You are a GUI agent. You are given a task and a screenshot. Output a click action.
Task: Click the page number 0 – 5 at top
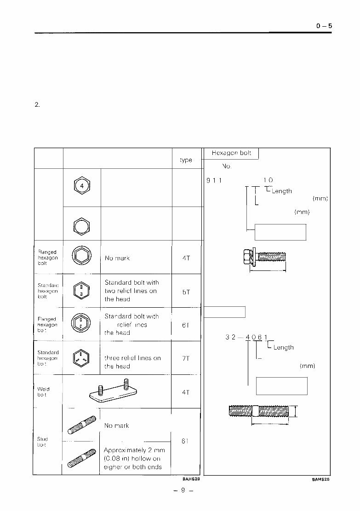(x=324, y=26)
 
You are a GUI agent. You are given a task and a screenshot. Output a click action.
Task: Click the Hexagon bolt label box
(x=231, y=153)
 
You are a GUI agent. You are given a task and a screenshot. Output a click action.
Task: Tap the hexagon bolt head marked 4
(x=81, y=186)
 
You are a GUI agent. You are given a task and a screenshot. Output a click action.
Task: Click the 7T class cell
(x=186, y=358)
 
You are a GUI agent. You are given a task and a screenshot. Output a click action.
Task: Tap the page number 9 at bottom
(x=183, y=491)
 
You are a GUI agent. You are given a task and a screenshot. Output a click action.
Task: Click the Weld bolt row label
(x=44, y=392)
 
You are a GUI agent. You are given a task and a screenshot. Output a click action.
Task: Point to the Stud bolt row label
(x=42, y=442)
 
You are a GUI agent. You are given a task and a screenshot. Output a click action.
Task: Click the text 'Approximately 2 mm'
(x=134, y=450)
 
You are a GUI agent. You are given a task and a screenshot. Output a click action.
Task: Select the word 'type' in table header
(x=186, y=160)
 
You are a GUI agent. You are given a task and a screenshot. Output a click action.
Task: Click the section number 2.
(x=37, y=104)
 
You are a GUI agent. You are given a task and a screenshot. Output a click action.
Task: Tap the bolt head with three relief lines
(x=81, y=358)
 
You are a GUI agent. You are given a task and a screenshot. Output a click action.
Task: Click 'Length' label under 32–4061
(x=283, y=347)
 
